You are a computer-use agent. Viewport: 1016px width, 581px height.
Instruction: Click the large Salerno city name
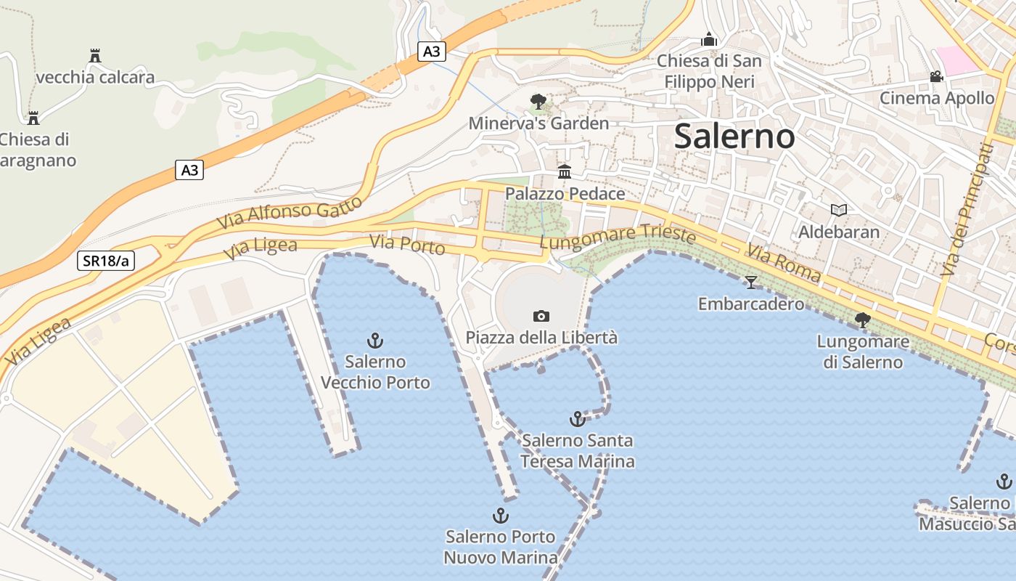(734, 137)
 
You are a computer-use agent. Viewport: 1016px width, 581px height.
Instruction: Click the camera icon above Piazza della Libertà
(541, 316)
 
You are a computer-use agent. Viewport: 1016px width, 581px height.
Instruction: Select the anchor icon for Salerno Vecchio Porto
(375, 340)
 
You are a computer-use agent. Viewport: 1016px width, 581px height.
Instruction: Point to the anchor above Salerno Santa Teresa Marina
(577, 419)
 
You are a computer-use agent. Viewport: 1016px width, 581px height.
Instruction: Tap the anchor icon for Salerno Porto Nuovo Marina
(500, 516)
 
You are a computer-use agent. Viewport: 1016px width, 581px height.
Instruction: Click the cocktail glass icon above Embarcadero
(751, 282)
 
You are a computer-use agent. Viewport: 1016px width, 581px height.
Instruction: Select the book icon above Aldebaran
(839, 211)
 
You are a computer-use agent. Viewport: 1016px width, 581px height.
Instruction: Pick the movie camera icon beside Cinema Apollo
(937, 76)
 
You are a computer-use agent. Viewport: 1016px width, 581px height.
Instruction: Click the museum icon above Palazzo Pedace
(565, 172)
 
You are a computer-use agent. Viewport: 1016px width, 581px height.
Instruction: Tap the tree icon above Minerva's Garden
(538, 101)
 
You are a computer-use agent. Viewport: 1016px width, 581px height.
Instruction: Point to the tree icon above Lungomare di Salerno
(863, 320)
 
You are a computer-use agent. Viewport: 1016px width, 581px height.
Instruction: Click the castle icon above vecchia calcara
(94, 55)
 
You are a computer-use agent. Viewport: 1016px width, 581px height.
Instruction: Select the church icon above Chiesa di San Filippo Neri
(709, 39)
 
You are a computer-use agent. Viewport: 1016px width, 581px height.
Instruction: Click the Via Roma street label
(784, 264)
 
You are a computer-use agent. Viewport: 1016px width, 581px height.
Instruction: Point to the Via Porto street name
(407, 245)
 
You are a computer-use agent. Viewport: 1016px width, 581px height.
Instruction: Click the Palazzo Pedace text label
(565, 194)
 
